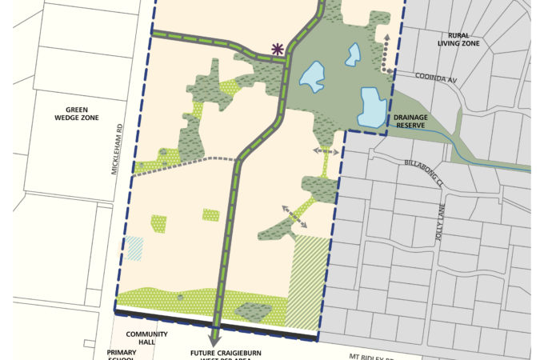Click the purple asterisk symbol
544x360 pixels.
coord(278,50)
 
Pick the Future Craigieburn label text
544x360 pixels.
coord(226,352)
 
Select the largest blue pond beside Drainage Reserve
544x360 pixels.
coord(371,107)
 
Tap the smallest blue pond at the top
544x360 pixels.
coord(352,54)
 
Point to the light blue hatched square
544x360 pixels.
coord(134,247)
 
